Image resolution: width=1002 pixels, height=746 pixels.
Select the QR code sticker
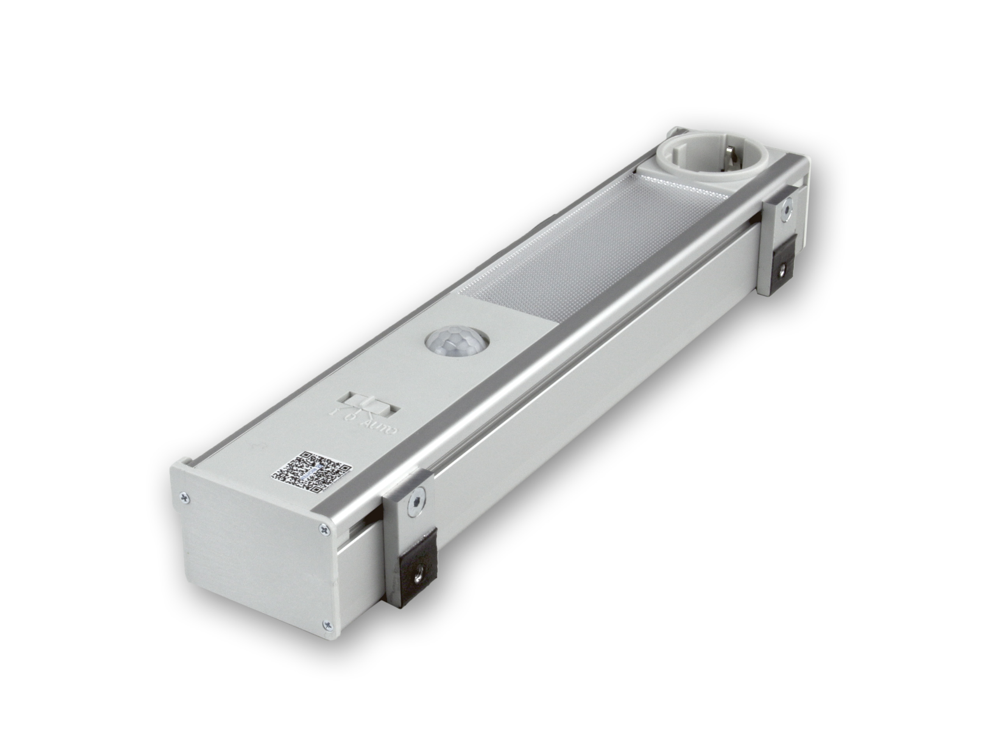click(x=311, y=472)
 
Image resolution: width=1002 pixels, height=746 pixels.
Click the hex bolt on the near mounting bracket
click(x=415, y=501)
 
